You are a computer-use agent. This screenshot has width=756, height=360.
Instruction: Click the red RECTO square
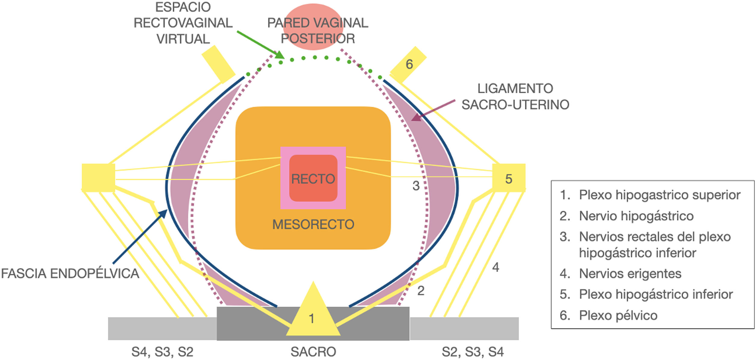tap(313, 178)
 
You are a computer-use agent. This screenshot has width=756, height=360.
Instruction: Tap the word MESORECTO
tap(313, 225)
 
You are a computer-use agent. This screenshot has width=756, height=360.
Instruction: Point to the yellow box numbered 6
tap(408, 65)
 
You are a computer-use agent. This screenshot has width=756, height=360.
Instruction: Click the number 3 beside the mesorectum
tap(416, 186)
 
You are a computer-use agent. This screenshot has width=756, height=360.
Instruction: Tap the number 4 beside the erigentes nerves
tap(496, 267)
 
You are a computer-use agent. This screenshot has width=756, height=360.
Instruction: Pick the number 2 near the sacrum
tap(421, 291)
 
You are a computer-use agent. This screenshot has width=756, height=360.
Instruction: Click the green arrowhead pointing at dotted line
tap(279, 55)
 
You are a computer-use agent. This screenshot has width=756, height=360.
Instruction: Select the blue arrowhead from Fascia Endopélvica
tap(163, 214)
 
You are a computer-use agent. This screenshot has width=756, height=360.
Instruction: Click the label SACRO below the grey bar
tap(313, 352)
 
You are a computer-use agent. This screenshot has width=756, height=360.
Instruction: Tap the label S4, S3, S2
tap(162, 352)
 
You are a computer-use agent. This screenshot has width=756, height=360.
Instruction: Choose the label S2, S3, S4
tap(472, 352)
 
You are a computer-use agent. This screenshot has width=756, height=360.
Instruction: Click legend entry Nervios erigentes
tap(630, 273)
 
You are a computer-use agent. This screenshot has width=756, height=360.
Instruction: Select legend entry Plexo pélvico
tap(618, 315)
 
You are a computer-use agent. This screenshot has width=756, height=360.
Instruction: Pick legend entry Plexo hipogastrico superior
tap(659, 195)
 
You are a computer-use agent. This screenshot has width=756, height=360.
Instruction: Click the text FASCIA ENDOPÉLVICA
tap(70, 273)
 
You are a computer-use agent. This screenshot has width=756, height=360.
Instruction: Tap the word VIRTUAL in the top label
tap(183, 39)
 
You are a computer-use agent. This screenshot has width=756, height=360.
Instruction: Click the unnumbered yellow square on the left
tap(98, 178)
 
